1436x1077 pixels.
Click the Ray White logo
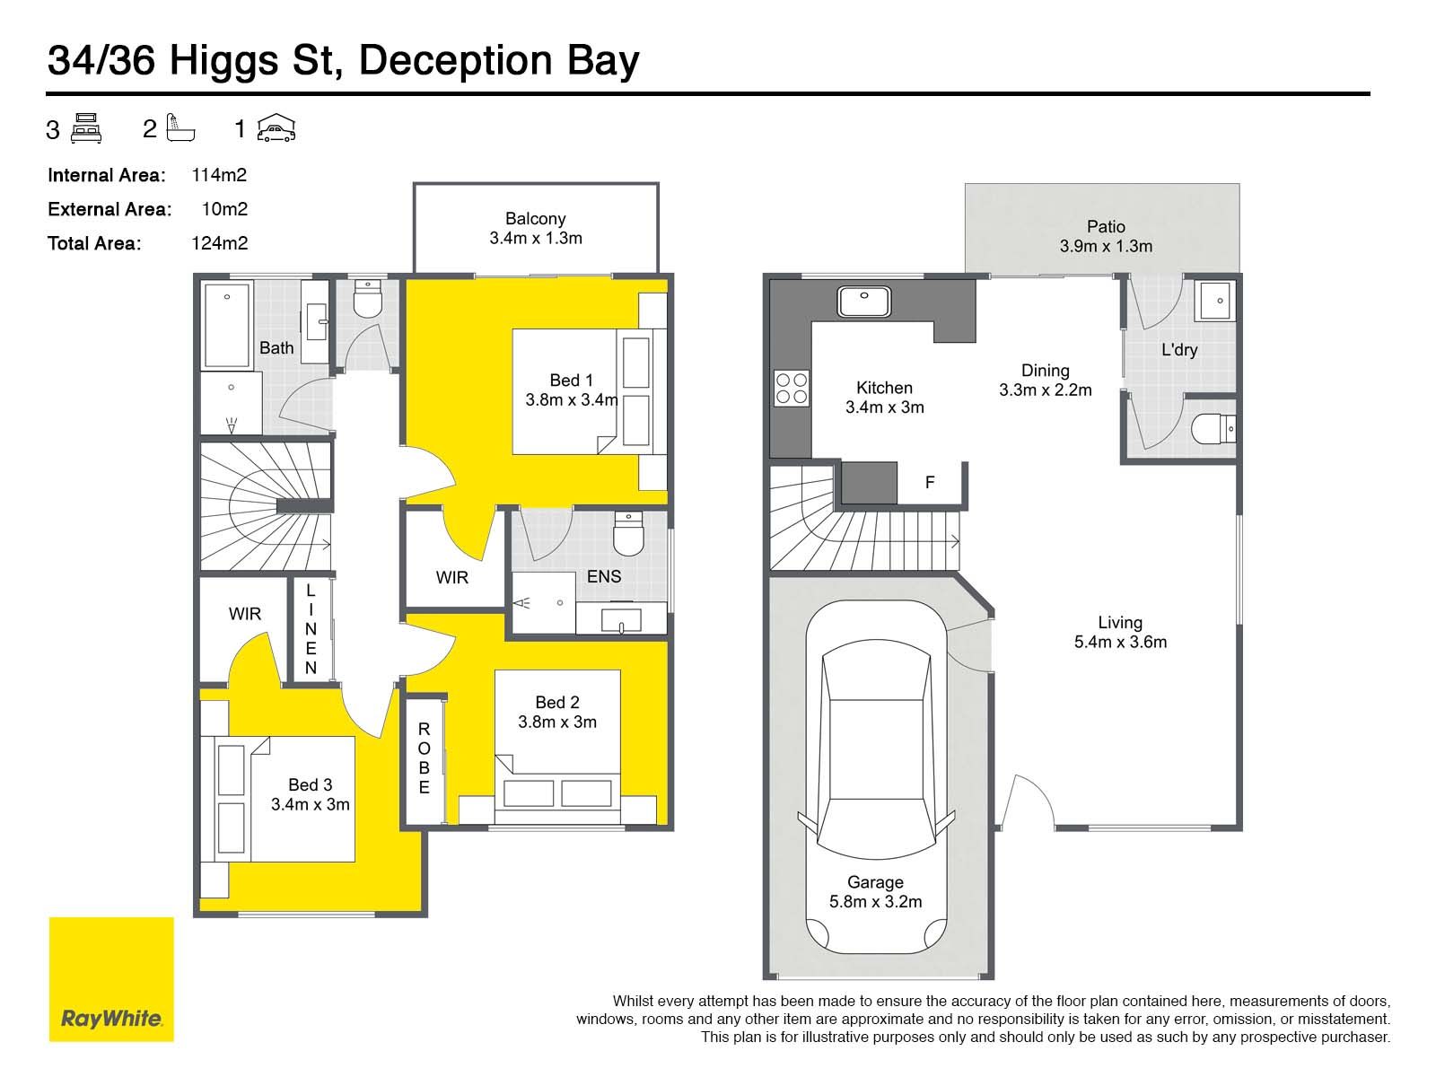coord(111,979)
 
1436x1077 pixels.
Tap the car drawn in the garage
coord(876,777)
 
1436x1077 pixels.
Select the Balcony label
coord(535,218)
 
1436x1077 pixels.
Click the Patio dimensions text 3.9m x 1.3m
coord(1106,247)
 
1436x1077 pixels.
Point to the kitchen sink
coord(864,302)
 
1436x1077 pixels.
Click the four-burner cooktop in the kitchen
coord(791,389)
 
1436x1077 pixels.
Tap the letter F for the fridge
coord(930,483)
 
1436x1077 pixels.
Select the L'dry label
coord(1179,350)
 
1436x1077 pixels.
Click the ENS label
coord(604,576)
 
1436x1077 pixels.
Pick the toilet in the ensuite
coord(628,534)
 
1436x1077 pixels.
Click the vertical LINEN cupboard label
coord(311,629)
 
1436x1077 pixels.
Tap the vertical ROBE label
coord(424,758)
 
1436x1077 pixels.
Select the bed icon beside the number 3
coord(85,128)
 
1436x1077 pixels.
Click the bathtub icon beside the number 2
coord(180,127)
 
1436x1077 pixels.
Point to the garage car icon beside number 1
coord(276,127)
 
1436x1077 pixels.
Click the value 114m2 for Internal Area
coord(219,175)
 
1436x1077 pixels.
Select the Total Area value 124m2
coord(219,243)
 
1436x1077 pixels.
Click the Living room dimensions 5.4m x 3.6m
coord(1120,642)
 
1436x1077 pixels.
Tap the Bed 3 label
coord(311,784)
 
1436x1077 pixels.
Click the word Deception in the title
coord(456,61)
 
